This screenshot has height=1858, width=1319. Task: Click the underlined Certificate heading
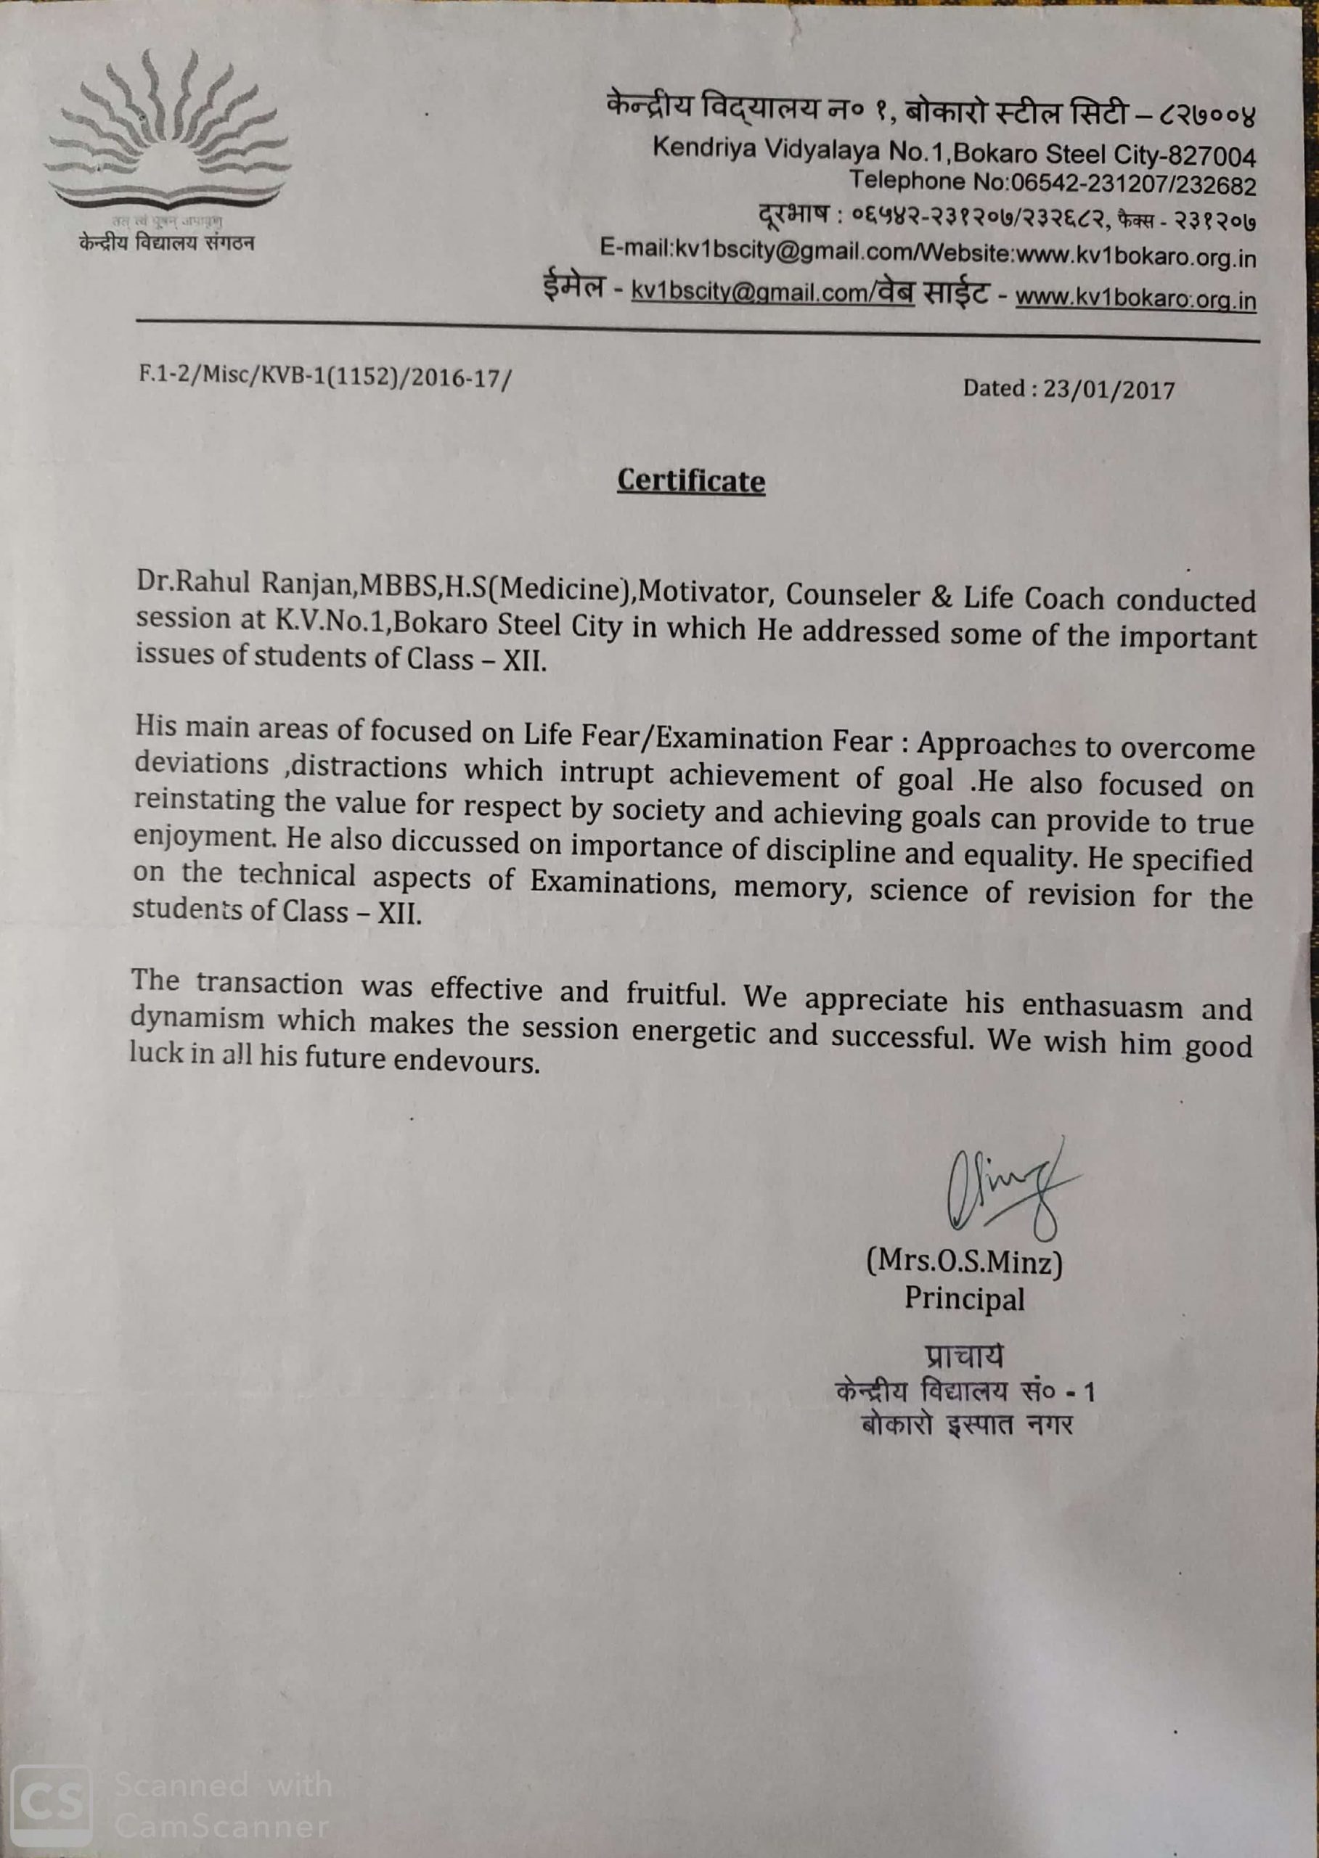pos(690,480)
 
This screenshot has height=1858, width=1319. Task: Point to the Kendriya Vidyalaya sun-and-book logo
pos(168,134)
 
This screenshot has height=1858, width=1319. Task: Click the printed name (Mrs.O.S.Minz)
pos(965,1261)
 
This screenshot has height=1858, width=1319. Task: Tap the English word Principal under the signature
pos(965,1298)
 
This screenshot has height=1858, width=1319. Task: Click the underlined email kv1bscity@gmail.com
pos(749,292)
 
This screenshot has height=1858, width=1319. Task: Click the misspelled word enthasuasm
pos(1101,1005)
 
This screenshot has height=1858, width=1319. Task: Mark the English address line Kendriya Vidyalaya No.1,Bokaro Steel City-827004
pos(955,152)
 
